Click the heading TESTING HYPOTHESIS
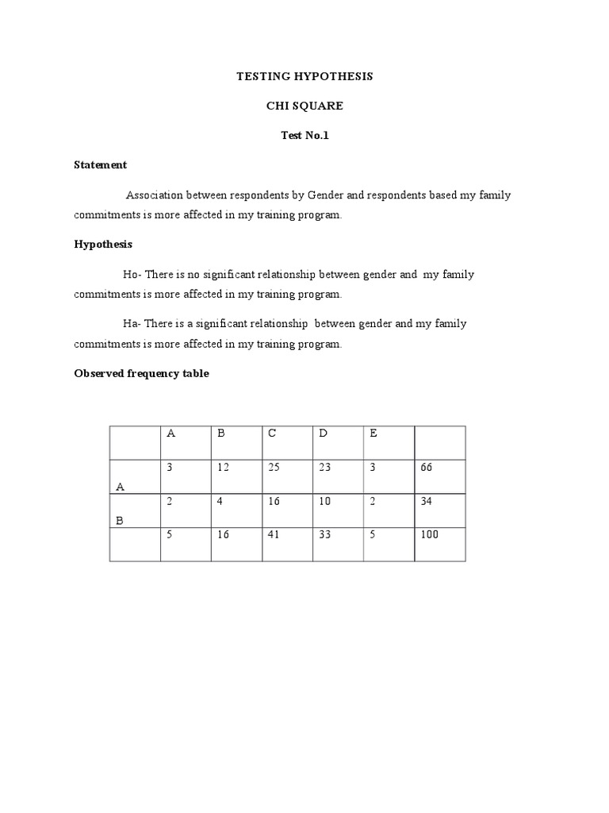pyautogui.click(x=304, y=77)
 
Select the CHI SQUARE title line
pyautogui.click(x=304, y=106)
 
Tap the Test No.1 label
pyautogui.click(x=304, y=136)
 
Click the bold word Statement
pyautogui.click(x=100, y=165)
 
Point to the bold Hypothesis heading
pyautogui.click(x=103, y=245)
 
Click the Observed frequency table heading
pyautogui.click(x=141, y=373)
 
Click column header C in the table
pyautogui.click(x=272, y=433)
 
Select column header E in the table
pyautogui.click(x=373, y=433)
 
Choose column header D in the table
pyautogui.click(x=323, y=433)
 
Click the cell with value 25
pyautogui.click(x=274, y=468)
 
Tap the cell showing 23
pyautogui.click(x=324, y=468)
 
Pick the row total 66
pyautogui.click(x=427, y=468)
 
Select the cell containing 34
pyautogui.click(x=427, y=502)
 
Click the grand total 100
pyautogui.click(x=429, y=535)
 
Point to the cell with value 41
pyautogui.click(x=274, y=535)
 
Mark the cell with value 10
pyautogui.click(x=324, y=502)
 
